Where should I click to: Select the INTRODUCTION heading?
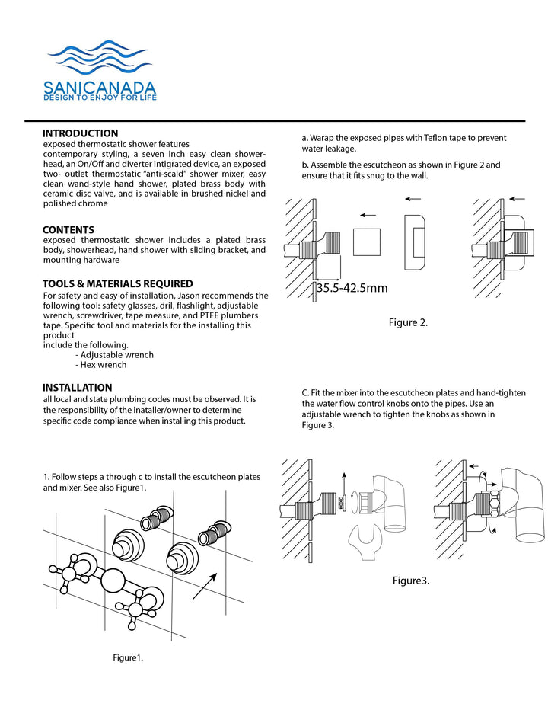pos(80,133)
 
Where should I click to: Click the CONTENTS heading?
pos(68,229)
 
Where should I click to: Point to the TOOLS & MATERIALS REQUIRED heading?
pos(117,284)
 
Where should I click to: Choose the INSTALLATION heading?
pos(78,388)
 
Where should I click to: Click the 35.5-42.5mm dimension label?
pos(352,288)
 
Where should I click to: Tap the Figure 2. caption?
pos(408,322)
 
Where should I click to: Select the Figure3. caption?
pos(411,581)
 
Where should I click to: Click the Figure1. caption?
pos(128,657)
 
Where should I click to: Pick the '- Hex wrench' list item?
pos(102,365)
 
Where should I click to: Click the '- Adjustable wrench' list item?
pos(114,355)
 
